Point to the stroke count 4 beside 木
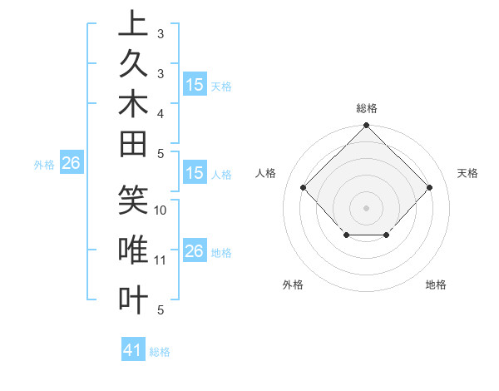tap(161, 112)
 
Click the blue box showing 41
tap(133, 350)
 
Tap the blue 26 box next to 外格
tap(71, 164)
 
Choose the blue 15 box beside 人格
tap(194, 174)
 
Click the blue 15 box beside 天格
tap(195, 85)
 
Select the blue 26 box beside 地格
tap(194, 251)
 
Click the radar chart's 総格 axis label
tap(366, 108)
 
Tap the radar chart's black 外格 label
tap(293, 285)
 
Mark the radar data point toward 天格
tap(429, 187)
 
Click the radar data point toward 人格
tap(303, 187)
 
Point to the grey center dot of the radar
tap(366, 207)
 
